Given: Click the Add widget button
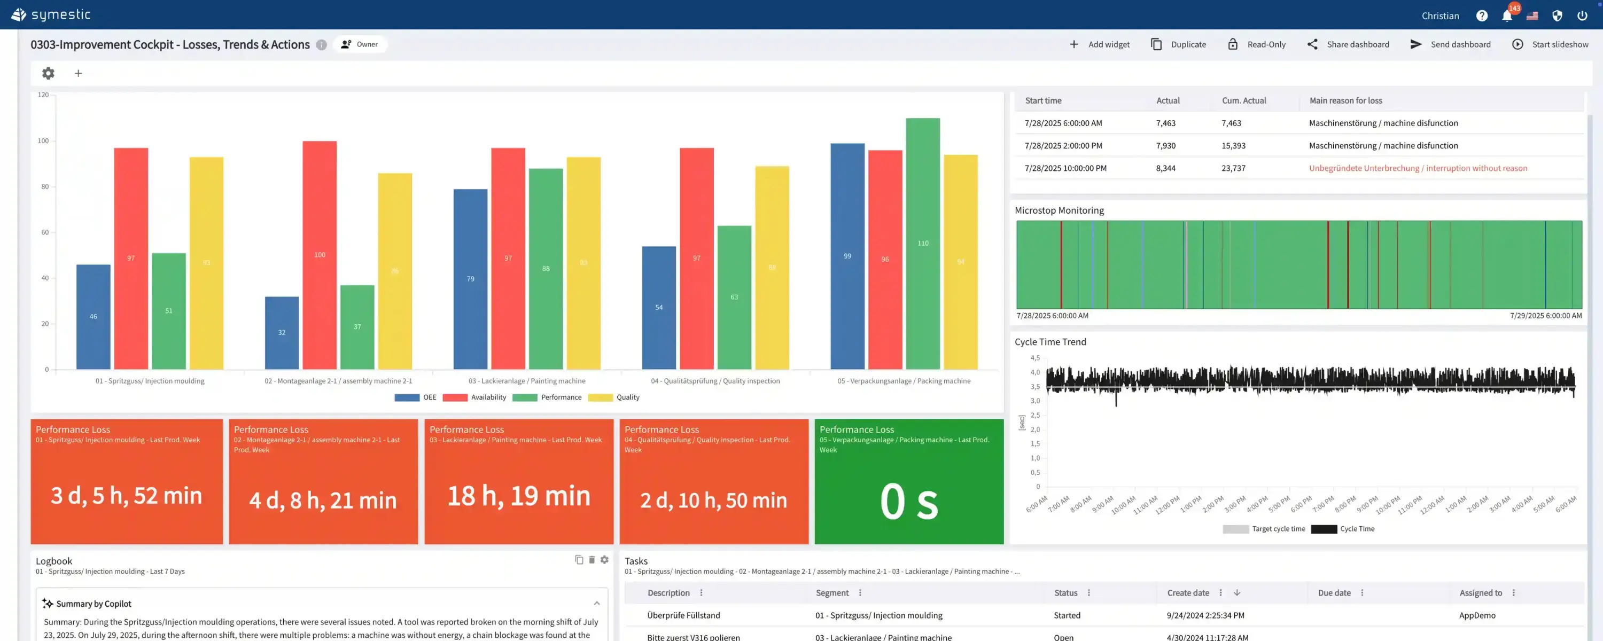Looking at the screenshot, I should (1100, 44).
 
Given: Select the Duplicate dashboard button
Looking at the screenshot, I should (1179, 44).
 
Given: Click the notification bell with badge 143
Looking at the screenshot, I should (1506, 15).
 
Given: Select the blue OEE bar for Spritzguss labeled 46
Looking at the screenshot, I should (94, 317).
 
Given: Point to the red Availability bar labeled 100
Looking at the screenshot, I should (319, 255).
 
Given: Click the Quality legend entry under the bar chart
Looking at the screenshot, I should (627, 397).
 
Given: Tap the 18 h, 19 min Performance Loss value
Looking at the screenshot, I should (518, 496).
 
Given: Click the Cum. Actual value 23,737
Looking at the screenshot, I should (1233, 168).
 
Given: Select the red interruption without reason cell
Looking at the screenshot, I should (1418, 168).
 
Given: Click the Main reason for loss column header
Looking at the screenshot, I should (1345, 100).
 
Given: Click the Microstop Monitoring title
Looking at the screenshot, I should (1059, 210).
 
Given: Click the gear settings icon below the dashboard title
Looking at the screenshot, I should (48, 73).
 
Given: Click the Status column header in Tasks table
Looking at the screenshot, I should (1065, 593).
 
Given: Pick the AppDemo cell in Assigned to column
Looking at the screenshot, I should (1477, 615).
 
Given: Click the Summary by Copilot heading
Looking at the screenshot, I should (94, 604).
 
